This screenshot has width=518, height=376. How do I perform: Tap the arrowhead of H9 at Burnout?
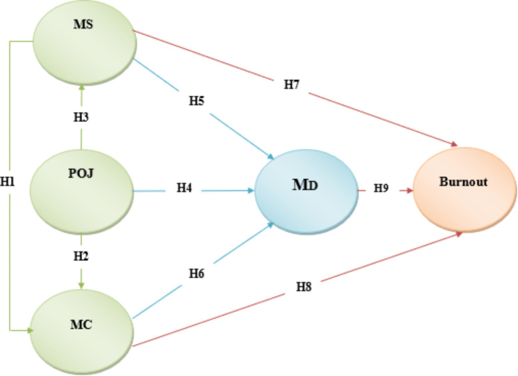click(x=411, y=188)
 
